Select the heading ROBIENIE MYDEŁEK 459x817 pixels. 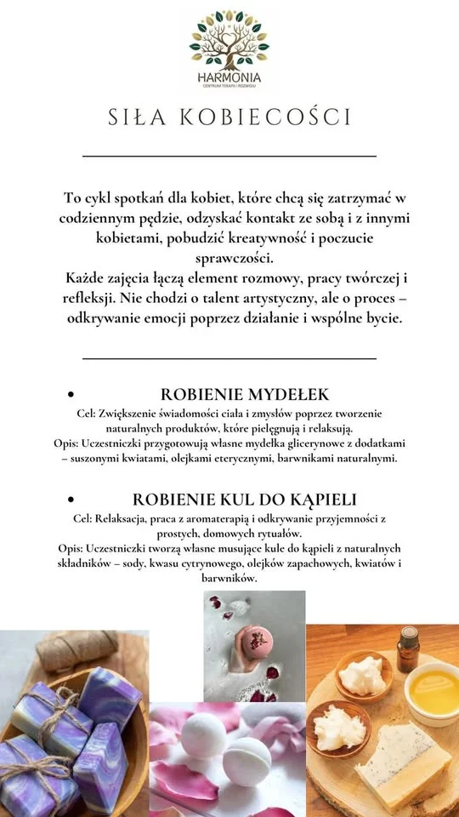click(245, 395)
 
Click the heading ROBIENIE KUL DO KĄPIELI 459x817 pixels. click(245, 499)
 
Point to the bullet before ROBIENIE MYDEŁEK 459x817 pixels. click(71, 396)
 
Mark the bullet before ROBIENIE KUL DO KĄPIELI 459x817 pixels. click(71, 500)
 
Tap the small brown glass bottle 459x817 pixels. click(409, 648)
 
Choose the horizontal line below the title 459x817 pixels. click(229, 156)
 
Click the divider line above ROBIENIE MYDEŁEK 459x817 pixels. click(229, 358)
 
